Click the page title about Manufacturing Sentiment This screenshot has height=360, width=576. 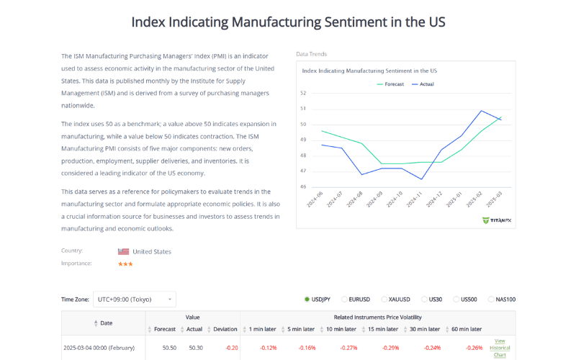coord(288,22)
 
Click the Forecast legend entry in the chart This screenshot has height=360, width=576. coord(390,84)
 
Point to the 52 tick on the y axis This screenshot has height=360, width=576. coord(303,93)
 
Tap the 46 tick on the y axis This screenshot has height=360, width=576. coord(303,186)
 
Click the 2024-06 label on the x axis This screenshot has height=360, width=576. coord(315,199)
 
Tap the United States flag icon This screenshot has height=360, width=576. coord(123,251)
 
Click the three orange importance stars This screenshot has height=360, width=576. coord(125,264)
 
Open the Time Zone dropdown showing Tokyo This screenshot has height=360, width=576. coord(135,299)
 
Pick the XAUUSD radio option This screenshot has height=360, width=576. coord(383,300)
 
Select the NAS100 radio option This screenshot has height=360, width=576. coord(492,300)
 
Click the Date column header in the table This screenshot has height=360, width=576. coord(105,323)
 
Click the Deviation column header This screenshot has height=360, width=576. coord(225,329)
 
